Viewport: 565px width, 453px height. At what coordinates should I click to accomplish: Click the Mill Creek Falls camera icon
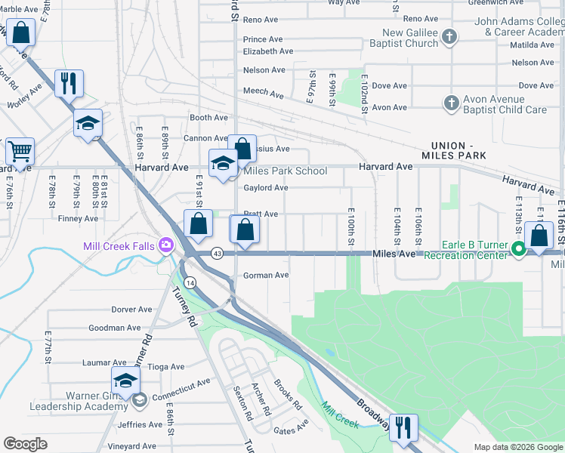[x=165, y=245]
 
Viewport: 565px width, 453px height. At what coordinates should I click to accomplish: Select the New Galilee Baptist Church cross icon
[x=449, y=36]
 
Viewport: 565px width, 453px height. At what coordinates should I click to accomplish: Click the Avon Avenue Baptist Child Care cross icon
[x=451, y=103]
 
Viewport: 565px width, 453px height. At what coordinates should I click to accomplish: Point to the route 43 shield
[x=217, y=253]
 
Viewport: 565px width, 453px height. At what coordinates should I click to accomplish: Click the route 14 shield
[x=190, y=282]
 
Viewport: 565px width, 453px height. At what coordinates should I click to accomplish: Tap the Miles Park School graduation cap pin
[x=223, y=164]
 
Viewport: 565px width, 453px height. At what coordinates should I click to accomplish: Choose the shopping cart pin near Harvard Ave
[x=20, y=150]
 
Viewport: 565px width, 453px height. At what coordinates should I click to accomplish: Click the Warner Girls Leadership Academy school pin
[x=126, y=381]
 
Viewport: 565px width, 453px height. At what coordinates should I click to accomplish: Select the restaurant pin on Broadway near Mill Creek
[x=403, y=428]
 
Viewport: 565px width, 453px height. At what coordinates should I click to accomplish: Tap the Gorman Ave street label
[x=266, y=276]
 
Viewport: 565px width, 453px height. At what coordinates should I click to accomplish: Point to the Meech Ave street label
[x=263, y=95]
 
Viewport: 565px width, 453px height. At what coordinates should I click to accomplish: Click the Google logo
[x=25, y=444]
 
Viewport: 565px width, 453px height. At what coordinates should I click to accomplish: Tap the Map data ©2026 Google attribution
[x=517, y=447]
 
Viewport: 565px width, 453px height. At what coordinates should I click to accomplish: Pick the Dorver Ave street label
[x=131, y=310]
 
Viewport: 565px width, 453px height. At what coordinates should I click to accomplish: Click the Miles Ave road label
[x=394, y=254]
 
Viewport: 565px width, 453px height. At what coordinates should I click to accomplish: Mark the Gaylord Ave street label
[x=266, y=187]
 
